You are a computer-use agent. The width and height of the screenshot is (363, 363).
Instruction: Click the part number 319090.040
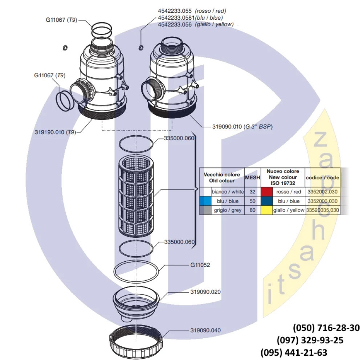pos(205,330)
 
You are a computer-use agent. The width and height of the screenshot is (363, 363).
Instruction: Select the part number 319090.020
pos(205,292)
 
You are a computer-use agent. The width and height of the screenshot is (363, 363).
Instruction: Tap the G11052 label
pos(200,265)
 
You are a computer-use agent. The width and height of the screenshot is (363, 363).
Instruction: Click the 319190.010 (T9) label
pos(55,132)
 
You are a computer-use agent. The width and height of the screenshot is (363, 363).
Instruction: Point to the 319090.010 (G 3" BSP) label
pos(242,127)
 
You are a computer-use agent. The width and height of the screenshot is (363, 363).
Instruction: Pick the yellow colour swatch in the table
pos(267,210)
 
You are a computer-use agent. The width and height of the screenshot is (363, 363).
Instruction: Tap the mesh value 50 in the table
pos(253,201)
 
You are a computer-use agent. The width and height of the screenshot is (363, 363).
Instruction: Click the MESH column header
pos(253,178)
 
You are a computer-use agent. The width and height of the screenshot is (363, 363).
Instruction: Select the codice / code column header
pos(322,178)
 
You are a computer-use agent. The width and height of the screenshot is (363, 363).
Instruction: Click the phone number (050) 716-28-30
pos(326,328)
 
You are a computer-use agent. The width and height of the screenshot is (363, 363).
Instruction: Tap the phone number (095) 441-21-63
pos(294,352)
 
